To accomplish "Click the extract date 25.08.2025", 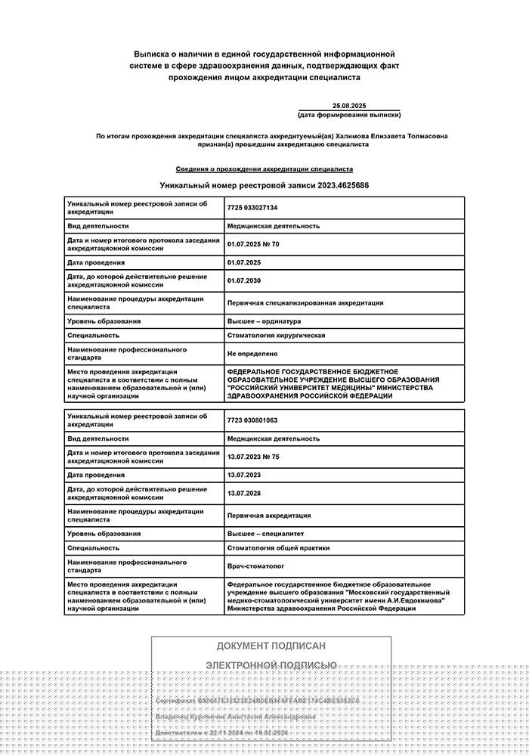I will pos(349,105).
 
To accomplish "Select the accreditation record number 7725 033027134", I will pos(252,207).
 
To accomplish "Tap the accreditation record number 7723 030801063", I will pos(252,420).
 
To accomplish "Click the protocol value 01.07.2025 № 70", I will pos(253,244).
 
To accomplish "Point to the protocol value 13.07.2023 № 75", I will pos(253,457).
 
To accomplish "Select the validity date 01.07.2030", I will pos(243,281).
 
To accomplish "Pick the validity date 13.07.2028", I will pos(243,494).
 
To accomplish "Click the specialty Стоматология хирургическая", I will pos(276,335).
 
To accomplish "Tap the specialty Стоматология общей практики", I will pos(278,547).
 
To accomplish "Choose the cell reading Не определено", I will pos(252,353).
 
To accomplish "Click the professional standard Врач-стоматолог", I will pos(256,566).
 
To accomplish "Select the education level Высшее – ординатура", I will pos(264,321).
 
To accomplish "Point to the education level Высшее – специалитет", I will pos(266,534).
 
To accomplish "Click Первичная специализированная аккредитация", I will pos(305,302).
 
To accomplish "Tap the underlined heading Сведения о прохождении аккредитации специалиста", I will pos(264,169).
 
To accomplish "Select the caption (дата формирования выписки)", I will pos(349,115).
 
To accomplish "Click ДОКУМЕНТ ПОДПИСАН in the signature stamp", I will pos(271,646).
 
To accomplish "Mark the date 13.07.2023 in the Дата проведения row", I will pos(243,475).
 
